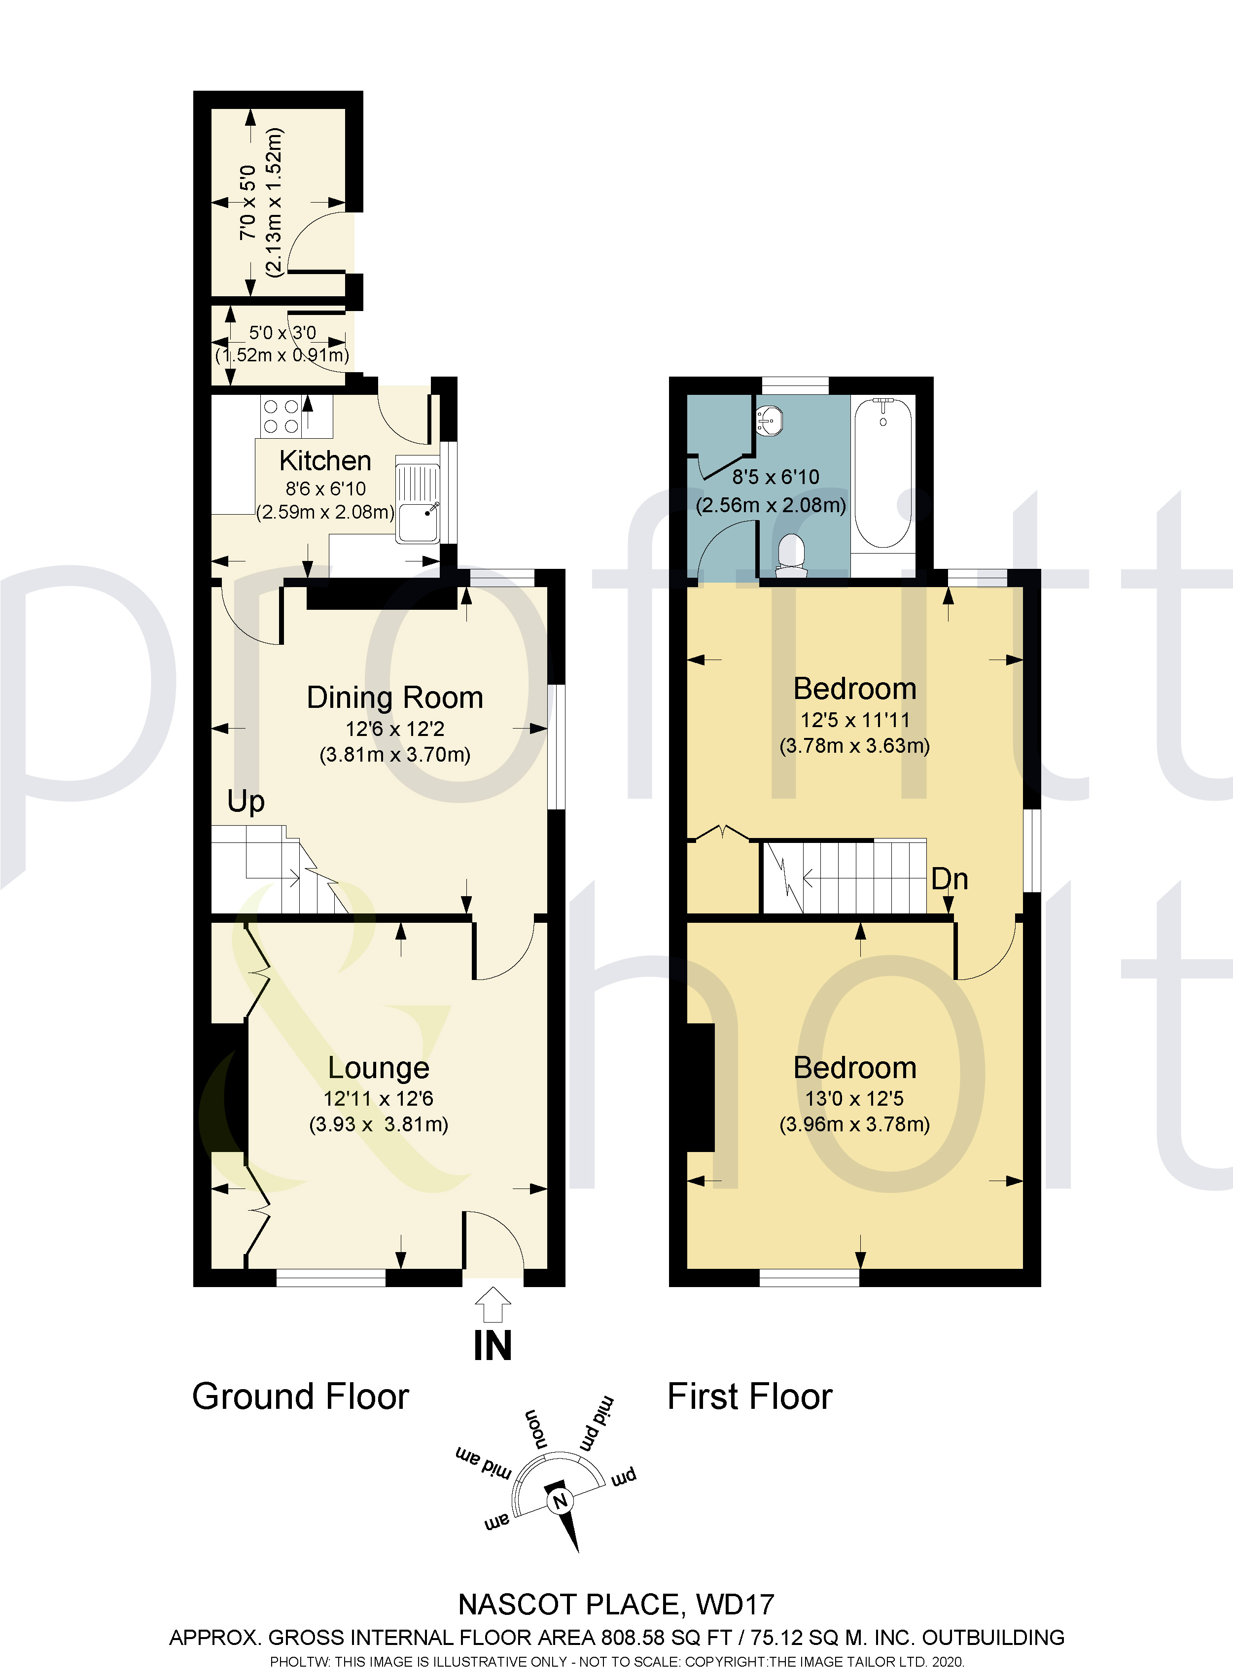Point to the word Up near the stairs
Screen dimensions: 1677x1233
246,802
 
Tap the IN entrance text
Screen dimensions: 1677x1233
493,1346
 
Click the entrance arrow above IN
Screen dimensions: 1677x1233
493,1305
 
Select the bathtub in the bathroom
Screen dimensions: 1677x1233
882,474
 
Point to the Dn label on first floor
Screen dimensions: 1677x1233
950,879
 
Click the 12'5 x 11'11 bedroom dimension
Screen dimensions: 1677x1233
854,720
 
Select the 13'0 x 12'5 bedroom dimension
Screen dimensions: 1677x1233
854,1099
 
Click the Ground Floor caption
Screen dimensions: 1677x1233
300,1397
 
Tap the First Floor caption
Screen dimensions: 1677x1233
749,1397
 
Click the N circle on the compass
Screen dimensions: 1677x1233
560,1501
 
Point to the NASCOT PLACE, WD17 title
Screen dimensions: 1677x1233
616,1605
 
